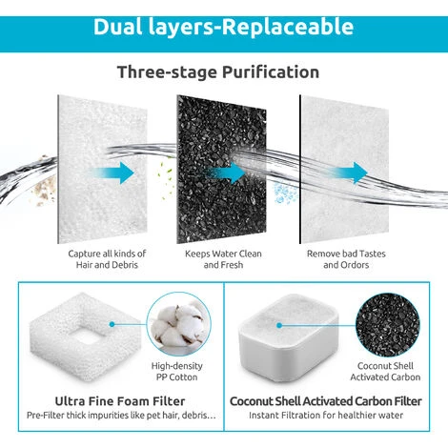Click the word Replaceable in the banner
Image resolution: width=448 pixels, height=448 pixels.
(287, 27)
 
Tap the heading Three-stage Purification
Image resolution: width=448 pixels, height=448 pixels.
(218, 72)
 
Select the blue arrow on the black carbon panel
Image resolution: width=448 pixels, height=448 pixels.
(225, 173)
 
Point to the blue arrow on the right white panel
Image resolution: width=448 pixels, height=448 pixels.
(348, 173)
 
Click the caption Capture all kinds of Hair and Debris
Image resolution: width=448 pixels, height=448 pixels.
(107, 259)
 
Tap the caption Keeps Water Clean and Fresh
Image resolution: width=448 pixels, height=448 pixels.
(223, 259)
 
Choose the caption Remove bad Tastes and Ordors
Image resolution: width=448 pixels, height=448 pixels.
(346, 259)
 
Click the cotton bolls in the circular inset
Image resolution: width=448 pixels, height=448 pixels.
(178, 324)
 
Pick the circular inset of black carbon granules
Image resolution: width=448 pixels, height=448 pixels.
(388, 325)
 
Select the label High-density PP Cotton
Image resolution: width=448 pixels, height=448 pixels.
(177, 372)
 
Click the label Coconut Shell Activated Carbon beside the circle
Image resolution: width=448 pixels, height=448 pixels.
(385, 372)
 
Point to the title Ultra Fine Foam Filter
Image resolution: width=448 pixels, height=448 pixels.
(120, 401)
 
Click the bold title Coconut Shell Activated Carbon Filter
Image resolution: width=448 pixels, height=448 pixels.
(326, 401)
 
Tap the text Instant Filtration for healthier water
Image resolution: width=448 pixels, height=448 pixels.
(326, 416)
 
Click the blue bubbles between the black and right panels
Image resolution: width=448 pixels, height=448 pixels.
(284, 193)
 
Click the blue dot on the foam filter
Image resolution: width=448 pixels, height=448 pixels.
(112, 324)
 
